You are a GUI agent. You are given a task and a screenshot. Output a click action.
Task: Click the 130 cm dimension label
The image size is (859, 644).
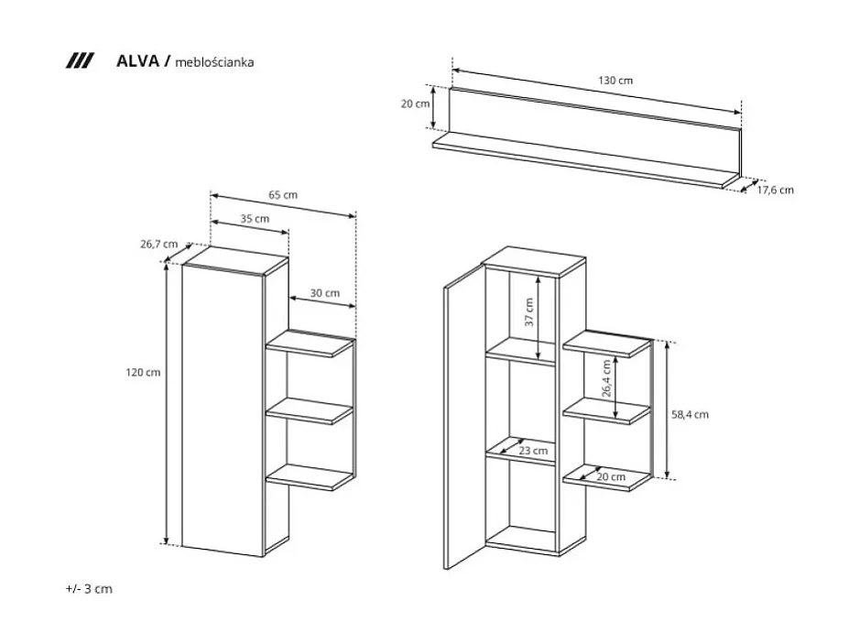[x=615, y=81]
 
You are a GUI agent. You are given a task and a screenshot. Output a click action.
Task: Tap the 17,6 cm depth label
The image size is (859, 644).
[x=775, y=191]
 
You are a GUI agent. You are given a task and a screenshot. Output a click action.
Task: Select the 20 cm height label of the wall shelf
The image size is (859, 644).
[x=415, y=104]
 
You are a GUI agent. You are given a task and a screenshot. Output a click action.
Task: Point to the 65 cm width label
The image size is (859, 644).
[x=283, y=195]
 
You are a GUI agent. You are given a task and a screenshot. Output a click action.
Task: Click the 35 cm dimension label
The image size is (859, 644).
[x=255, y=219]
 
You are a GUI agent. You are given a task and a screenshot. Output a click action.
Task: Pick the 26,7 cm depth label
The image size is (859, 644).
[x=158, y=245]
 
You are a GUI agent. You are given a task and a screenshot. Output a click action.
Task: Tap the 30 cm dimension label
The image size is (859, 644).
[x=324, y=293]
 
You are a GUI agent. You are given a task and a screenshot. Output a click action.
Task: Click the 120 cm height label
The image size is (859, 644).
[x=145, y=372]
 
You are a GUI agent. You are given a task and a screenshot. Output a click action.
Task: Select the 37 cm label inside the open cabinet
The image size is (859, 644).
[x=529, y=316]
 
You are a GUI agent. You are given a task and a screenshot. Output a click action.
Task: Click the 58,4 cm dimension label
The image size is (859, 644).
[x=690, y=414]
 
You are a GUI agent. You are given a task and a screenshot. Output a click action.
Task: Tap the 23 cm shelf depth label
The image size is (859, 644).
[x=533, y=451]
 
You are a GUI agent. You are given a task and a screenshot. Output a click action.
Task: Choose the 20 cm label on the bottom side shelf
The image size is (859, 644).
[x=611, y=477]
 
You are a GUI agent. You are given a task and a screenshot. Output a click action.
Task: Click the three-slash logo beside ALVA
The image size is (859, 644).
[x=81, y=61]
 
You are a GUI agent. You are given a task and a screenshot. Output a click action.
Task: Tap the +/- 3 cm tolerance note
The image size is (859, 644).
[x=89, y=589]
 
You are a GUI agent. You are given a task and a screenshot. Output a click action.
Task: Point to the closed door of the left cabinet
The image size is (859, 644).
[x=222, y=408]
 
